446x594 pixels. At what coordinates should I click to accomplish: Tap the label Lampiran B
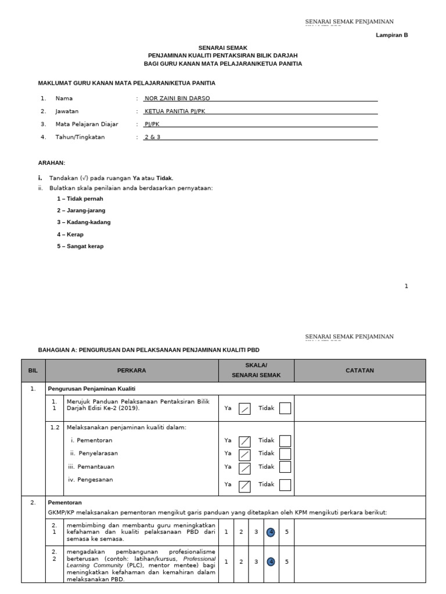tap(392, 35)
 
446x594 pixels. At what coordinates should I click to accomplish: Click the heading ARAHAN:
tap(52, 163)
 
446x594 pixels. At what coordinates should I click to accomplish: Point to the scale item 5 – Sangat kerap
tap(80, 246)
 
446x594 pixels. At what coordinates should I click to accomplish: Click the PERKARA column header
tap(132, 370)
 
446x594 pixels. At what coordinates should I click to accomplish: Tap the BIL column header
tap(33, 370)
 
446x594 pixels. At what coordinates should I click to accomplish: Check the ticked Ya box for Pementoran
tap(245, 441)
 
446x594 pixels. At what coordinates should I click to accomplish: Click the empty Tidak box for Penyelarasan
tap(285, 454)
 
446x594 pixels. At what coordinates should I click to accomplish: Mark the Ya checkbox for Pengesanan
tap(245, 484)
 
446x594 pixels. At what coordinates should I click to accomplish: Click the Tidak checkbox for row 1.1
tap(285, 408)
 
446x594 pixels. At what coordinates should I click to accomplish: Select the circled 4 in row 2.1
tap(271, 531)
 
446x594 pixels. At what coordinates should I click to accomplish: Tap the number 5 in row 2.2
tap(286, 562)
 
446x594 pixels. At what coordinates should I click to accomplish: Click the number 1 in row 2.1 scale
tap(226, 531)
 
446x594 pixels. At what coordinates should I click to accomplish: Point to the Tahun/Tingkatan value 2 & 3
tap(152, 137)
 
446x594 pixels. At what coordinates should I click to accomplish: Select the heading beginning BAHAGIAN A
tap(149, 350)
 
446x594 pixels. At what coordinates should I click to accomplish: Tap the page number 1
tap(407, 286)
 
